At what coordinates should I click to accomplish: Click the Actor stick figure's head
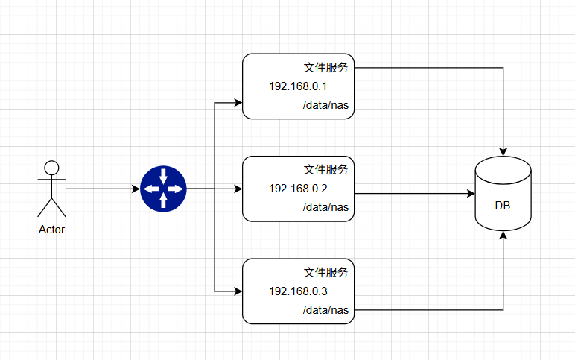click(51, 166)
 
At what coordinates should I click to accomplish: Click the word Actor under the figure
click(51, 230)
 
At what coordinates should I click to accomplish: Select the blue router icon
click(163, 189)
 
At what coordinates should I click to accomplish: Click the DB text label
click(503, 206)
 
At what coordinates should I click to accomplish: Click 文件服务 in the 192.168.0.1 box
click(325, 68)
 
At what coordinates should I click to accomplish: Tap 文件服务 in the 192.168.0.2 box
click(325, 169)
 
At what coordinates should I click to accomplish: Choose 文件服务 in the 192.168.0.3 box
click(325, 272)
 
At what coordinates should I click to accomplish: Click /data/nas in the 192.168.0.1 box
click(325, 105)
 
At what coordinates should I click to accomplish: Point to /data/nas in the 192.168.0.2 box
click(325, 206)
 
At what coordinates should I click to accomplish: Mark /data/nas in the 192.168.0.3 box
click(325, 309)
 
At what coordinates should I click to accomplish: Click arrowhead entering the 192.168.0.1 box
click(238, 101)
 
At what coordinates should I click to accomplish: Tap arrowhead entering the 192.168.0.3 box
click(238, 290)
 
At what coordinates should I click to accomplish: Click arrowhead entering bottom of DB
click(503, 236)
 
